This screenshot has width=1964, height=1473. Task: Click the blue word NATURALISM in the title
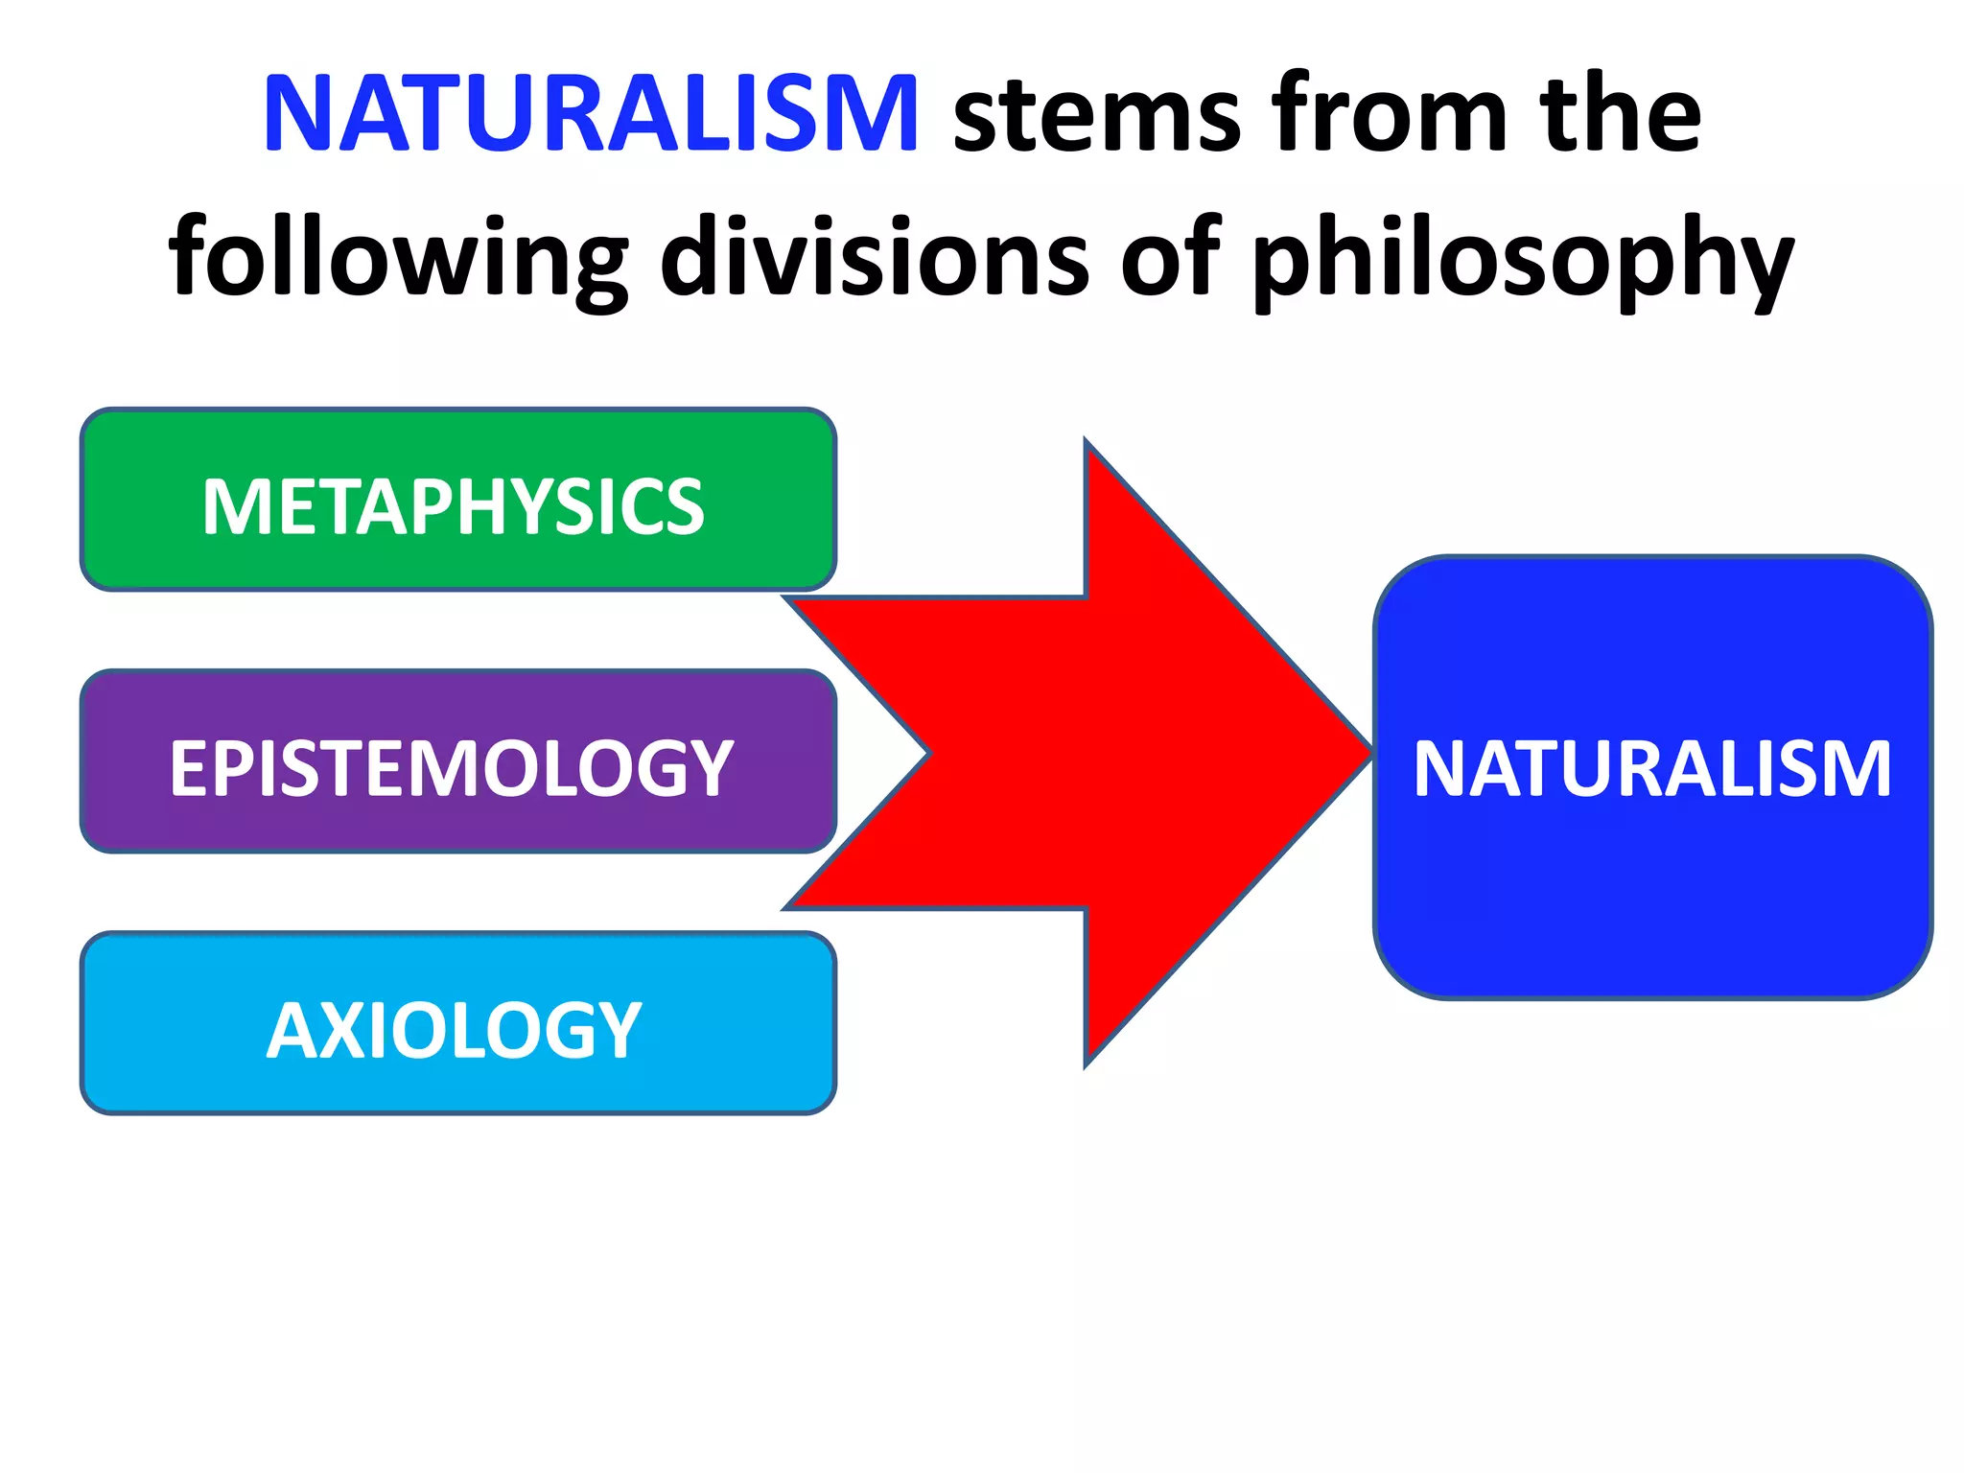coord(591,115)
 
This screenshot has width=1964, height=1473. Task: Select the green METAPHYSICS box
coord(458,500)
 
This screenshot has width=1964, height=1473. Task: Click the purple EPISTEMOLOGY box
coord(458,761)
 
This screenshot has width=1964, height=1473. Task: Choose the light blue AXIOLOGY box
coord(458,1023)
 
